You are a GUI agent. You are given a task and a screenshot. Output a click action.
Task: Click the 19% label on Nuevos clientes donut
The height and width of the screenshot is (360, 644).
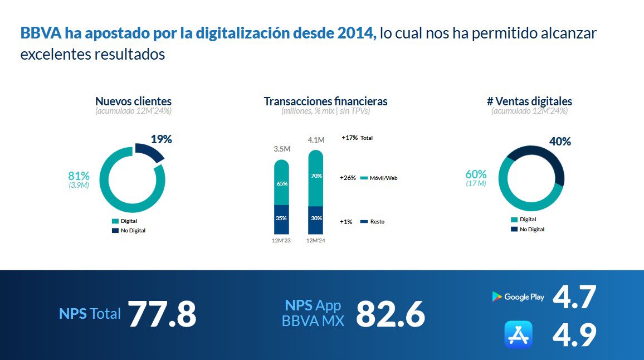[161, 139]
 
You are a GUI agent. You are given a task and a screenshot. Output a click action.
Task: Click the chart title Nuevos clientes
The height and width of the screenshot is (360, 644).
[133, 101]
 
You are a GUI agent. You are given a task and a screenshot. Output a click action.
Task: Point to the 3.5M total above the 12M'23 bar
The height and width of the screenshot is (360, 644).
[282, 149]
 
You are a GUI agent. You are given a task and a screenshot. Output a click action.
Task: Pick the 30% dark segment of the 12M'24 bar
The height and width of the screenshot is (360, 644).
[316, 218]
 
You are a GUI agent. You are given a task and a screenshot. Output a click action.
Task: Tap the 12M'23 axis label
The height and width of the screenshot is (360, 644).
[281, 241]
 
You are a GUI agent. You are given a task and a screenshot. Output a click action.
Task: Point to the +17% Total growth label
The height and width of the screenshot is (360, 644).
[357, 138]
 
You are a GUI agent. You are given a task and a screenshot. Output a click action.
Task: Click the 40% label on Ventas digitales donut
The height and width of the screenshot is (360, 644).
[560, 142]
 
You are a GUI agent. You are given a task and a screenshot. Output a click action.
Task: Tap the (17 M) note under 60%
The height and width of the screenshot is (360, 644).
[476, 183]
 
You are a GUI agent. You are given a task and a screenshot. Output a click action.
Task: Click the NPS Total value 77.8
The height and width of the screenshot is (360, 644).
[162, 314]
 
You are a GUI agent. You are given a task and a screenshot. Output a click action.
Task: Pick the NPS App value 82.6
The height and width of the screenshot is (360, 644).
[390, 314]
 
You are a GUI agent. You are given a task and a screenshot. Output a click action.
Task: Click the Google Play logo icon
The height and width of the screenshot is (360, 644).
[496, 297]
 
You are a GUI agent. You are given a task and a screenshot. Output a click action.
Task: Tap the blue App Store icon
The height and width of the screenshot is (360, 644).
[518, 334]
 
